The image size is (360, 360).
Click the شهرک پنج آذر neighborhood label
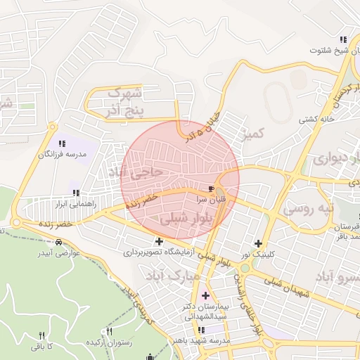click(126, 101)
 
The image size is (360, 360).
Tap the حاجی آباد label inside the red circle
click(142, 170)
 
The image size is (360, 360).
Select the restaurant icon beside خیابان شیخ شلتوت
click(343, 39)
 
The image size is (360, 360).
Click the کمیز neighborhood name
click(255, 133)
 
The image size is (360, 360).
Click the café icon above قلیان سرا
click(211, 189)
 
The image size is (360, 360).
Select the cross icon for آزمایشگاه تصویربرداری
click(160, 241)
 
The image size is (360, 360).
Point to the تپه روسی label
click(306, 209)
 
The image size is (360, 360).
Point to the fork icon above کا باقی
click(41, 336)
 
